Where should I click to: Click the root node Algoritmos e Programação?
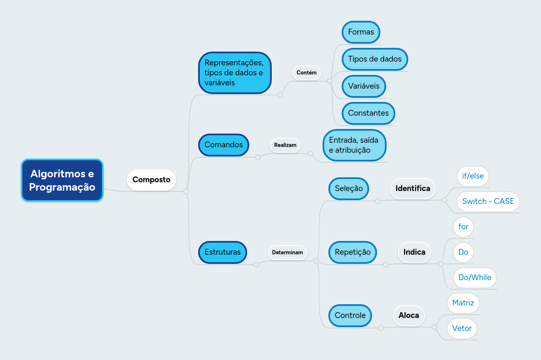(62, 180)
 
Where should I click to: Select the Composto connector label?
(151, 180)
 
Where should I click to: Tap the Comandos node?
(223, 145)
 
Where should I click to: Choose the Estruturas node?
(223, 252)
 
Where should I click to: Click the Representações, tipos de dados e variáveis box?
(235, 73)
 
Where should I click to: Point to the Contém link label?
(307, 73)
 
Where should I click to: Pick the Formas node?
(361, 32)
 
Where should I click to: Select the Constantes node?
(368, 113)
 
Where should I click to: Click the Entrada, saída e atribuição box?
(354, 145)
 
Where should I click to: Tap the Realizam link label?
(285, 145)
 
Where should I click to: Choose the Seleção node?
(349, 189)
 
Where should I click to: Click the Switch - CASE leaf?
(488, 201)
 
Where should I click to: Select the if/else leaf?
(473, 176)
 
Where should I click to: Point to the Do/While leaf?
(475, 278)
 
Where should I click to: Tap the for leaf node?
(463, 227)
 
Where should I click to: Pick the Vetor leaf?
(462, 328)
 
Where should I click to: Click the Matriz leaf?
(463, 303)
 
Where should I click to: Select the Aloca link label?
(409, 315)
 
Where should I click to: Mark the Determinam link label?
(288, 253)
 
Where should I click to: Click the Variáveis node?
(364, 86)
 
